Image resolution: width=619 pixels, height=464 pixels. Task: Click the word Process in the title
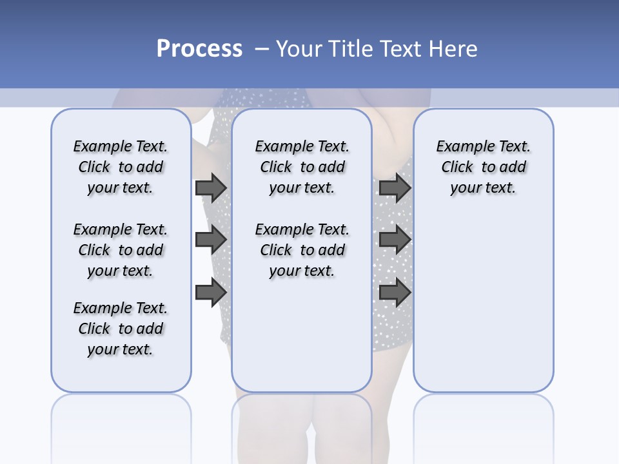coord(199,49)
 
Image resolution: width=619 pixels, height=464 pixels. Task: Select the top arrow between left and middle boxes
coord(211,188)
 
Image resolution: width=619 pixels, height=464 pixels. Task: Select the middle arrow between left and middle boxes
coord(211,240)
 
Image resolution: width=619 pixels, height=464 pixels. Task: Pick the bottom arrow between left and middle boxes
coord(211,292)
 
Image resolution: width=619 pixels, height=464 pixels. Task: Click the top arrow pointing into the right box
coord(395,188)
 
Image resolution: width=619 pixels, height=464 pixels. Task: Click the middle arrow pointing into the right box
coord(395,240)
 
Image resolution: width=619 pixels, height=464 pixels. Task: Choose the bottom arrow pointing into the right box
coord(395,292)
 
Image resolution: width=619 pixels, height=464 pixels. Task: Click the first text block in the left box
coord(121,167)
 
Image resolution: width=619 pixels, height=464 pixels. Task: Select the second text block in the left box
coord(121,250)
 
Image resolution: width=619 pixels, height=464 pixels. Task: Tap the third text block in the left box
coord(121,329)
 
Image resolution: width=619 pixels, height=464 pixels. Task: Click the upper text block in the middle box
coord(302,167)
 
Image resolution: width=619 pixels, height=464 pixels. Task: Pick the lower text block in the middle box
coord(302,250)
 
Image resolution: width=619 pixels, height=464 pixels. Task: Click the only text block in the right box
coord(483,167)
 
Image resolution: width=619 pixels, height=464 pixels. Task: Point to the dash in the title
coord(262,49)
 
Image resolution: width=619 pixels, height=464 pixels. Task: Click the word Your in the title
coord(299,49)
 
